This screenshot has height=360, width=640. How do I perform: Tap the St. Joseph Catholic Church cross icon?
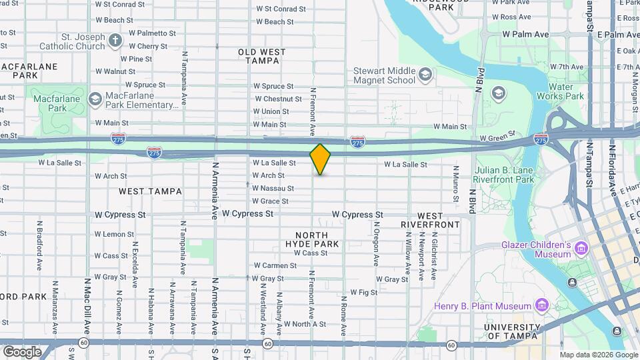115,40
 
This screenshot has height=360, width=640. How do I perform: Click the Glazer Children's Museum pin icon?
582,249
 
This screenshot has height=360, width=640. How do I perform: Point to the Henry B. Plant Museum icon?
541,306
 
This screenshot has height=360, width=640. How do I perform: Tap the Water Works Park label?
565,91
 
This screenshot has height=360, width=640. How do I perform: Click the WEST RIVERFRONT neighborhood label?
430,220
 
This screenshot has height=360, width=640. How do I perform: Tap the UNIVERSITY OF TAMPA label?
512,331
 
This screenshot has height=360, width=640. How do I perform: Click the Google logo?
22,351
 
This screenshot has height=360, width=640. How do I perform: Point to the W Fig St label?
364,292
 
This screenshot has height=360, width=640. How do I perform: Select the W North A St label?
305,324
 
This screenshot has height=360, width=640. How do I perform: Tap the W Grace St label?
270,201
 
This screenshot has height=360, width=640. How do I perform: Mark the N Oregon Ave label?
377,245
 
